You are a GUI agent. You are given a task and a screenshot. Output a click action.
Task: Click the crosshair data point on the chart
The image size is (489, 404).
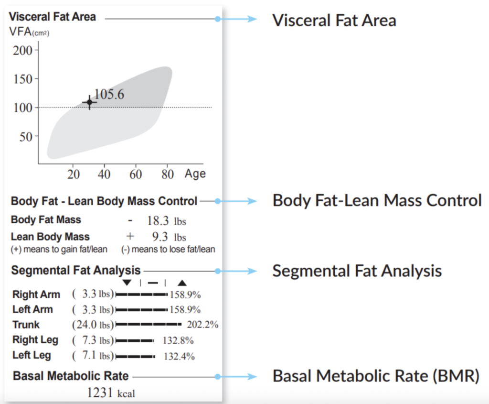point(89,102)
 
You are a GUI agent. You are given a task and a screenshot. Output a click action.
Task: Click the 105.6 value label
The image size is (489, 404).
point(109,94)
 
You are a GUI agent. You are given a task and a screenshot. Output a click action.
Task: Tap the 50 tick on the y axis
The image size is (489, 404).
point(27,137)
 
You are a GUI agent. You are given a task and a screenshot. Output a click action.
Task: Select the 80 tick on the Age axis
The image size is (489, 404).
point(167,174)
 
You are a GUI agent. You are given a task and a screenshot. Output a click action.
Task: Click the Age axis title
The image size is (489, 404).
point(195,174)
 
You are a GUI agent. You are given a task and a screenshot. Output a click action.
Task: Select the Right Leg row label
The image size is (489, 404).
point(35,340)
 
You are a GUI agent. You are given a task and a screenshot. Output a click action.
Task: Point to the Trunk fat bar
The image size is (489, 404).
point(149,325)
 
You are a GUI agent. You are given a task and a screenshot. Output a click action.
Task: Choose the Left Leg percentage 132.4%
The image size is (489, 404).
point(179,356)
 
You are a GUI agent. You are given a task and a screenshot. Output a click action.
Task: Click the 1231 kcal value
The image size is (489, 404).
point(111,393)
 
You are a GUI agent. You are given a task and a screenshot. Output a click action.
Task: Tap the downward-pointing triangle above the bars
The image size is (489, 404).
point(127,283)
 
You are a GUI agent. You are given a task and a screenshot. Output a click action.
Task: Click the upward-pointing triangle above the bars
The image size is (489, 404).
point(182,283)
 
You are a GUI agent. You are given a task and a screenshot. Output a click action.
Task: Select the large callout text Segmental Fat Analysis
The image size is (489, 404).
point(357,271)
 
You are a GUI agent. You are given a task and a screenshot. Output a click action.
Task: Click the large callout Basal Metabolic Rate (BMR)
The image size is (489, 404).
point(375,376)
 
